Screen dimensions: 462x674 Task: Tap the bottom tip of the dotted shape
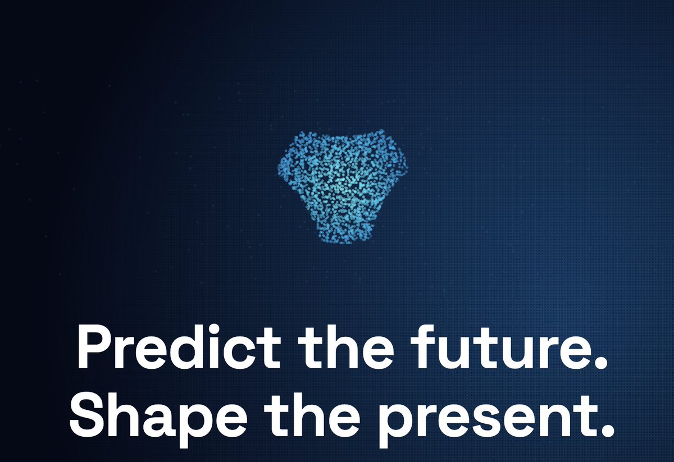(x=340, y=242)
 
